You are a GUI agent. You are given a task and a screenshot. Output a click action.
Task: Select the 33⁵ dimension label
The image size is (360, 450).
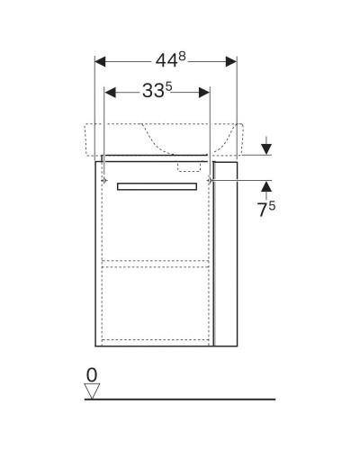(x=157, y=92)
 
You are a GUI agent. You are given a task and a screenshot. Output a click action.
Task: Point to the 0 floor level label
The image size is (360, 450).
(x=92, y=373)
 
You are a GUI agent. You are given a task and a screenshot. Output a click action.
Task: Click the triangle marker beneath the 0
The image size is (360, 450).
(x=91, y=391)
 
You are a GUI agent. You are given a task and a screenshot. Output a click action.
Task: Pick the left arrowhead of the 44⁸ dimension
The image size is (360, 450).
(x=101, y=62)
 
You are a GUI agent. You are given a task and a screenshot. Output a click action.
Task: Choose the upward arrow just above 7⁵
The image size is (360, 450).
(x=266, y=187)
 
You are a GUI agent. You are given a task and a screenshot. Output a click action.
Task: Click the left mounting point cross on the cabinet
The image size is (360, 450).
(x=105, y=182)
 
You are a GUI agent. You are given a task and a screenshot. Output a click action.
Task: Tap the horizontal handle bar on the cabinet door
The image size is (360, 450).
(x=157, y=185)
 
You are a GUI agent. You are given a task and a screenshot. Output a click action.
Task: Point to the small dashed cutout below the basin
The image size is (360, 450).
(x=190, y=166)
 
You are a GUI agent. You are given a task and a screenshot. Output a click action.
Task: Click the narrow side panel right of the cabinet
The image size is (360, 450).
(x=228, y=256)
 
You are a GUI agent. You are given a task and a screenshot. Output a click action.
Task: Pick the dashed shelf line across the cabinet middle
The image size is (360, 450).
(x=157, y=263)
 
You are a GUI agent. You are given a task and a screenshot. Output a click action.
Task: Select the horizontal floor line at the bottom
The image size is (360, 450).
(x=180, y=399)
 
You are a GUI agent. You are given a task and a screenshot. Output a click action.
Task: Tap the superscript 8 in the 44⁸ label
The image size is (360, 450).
(x=184, y=56)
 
